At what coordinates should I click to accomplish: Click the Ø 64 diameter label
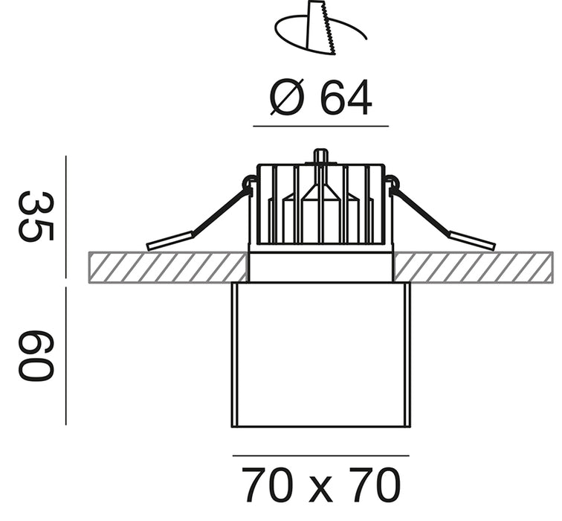(321, 98)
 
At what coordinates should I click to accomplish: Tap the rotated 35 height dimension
(36, 217)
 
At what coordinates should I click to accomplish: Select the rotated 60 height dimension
(36, 356)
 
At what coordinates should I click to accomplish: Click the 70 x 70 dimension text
(321, 485)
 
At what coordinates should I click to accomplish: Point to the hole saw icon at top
(321, 28)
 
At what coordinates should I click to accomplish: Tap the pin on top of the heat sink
(321, 156)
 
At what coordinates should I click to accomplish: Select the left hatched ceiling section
(168, 267)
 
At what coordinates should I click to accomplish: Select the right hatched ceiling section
(473, 267)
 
